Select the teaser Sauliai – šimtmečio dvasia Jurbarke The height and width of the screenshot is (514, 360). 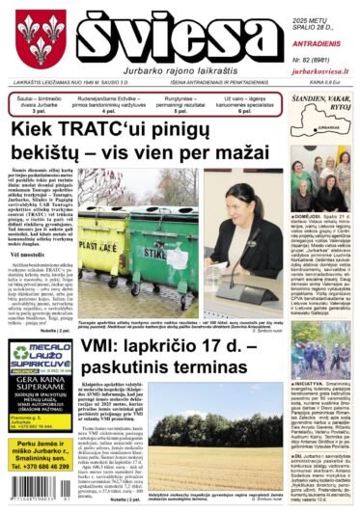click(36, 101)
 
